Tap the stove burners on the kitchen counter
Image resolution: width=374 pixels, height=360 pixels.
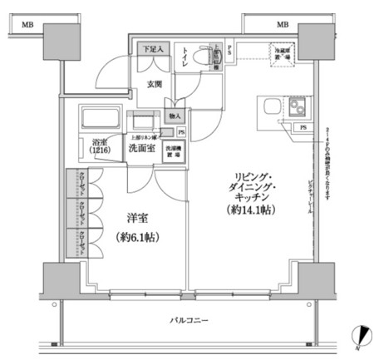coord(296,108)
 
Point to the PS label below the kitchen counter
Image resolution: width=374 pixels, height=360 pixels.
coord(303,127)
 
